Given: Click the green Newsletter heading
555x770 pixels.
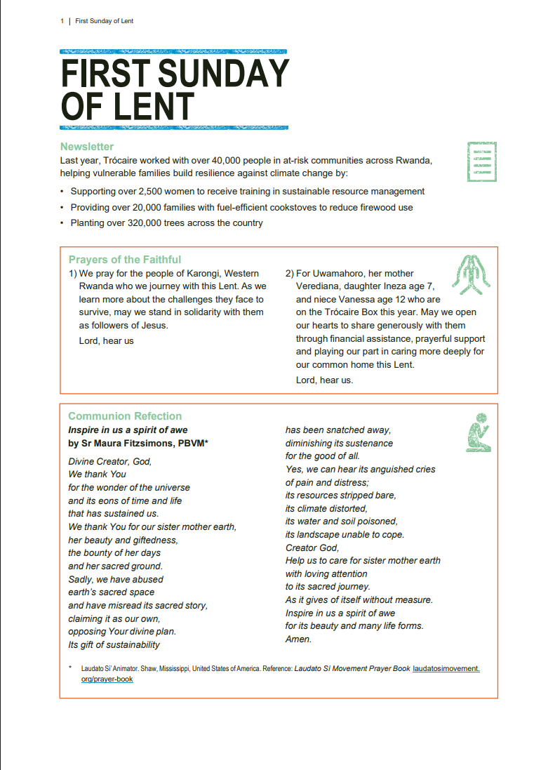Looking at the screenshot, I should point(86,147).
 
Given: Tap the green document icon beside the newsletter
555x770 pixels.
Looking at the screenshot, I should point(482,161).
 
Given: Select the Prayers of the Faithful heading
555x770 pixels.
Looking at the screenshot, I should point(124,260).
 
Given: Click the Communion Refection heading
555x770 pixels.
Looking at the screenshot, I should point(124,416).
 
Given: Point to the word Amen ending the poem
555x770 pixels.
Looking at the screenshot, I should point(298,639).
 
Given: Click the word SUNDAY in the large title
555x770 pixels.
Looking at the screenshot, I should point(224,74).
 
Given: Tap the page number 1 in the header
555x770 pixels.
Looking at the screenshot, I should point(62,21).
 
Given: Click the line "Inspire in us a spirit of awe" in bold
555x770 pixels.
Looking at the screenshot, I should point(128,430).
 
